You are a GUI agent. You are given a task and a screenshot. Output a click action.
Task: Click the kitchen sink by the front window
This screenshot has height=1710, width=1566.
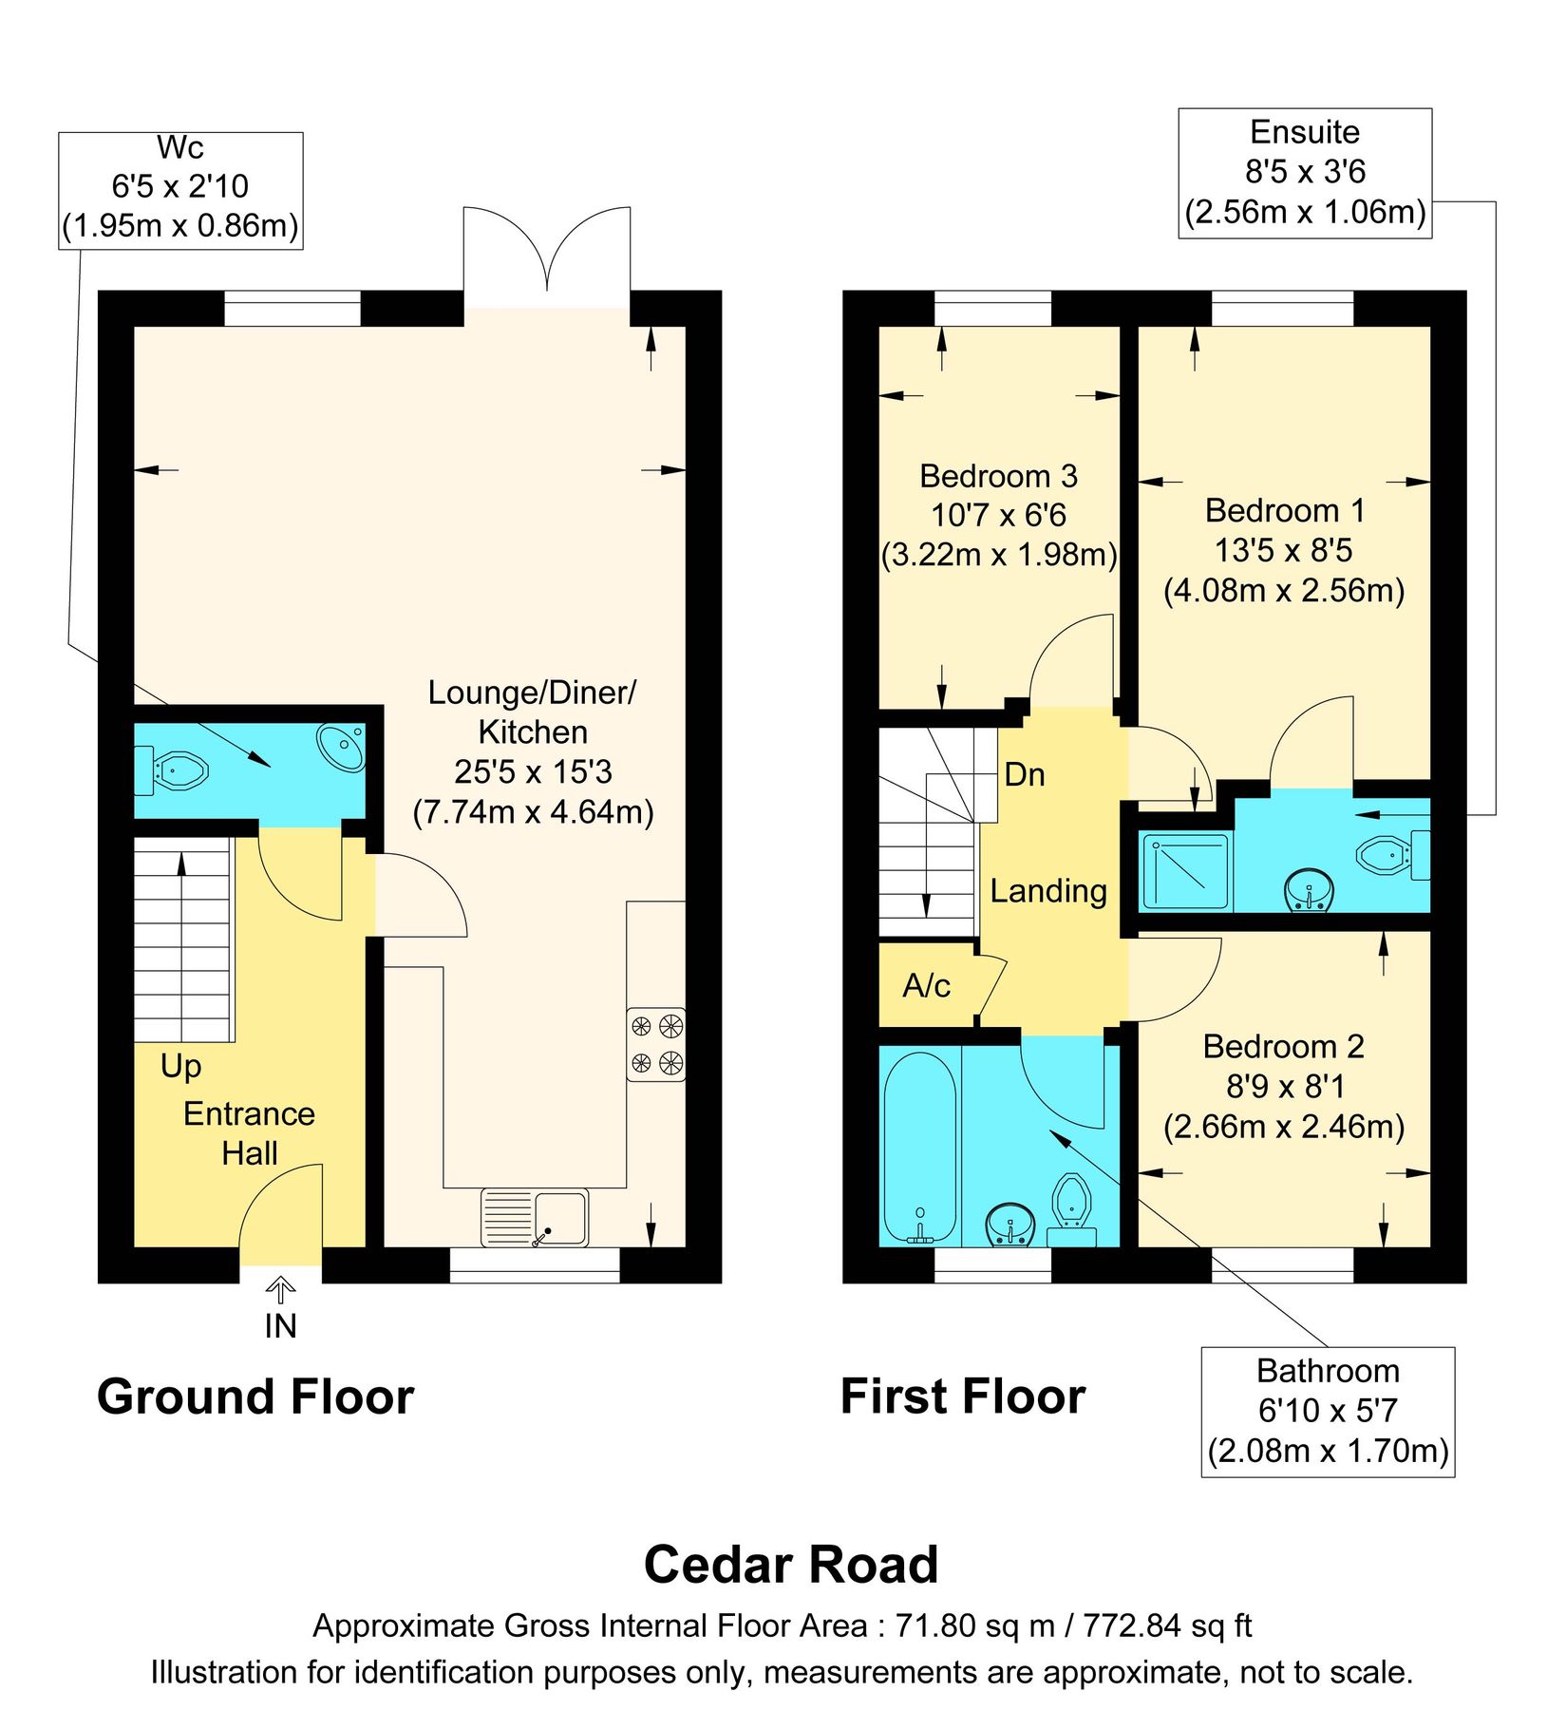[x=535, y=1217]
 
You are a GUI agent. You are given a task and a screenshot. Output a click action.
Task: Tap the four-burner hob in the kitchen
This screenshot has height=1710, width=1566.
[x=655, y=1043]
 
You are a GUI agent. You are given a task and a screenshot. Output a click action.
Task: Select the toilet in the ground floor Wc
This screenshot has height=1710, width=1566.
[x=177, y=769]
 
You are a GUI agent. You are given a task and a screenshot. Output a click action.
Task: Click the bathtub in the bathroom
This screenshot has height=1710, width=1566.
[x=919, y=1146]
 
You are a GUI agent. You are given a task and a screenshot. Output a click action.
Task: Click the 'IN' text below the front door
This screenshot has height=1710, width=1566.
[x=280, y=1326]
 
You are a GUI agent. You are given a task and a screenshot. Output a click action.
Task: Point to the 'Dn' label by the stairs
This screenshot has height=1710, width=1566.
[x=1024, y=774]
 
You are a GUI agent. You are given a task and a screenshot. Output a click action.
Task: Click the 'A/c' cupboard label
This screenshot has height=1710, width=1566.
[x=926, y=986]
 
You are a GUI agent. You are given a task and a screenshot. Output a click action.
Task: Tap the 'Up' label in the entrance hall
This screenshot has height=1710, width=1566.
[x=180, y=1065]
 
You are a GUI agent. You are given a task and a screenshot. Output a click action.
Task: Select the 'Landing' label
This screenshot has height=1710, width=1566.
[x=1048, y=890]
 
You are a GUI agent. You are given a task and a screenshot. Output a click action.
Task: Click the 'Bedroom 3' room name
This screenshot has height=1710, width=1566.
[x=998, y=475]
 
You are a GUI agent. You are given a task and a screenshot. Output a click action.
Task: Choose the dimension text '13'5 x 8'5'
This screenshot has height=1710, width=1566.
[x=1283, y=549]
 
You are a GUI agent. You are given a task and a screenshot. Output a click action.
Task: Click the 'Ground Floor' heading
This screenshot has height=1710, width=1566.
[x=255, y=1396]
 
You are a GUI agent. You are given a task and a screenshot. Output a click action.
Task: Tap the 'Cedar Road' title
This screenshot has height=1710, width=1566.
[x=790, y=1564]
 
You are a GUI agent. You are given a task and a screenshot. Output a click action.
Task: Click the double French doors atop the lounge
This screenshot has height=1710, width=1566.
[x=547, y=252]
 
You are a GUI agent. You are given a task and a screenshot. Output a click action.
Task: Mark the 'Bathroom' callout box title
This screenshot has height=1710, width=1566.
[x=1327, y=1371]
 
